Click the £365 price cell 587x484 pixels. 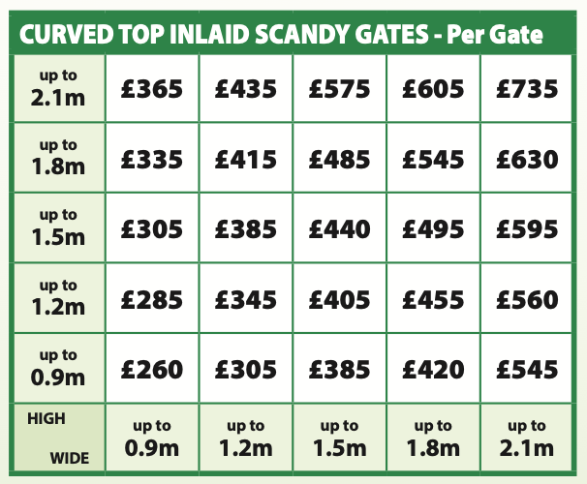[x=152, y=89]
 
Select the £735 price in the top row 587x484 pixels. [x=527, y=89]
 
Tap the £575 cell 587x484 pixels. [x=339, y=89]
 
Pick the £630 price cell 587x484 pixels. [x=527, y=159]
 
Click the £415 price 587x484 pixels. [x=246, y=159]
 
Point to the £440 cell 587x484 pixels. [x=339, y=229]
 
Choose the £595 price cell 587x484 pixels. [x=527, y=229]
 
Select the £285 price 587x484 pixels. [x=152, y=299]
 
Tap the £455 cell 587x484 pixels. [x=433, y=299]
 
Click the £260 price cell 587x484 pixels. [x=152, y=369]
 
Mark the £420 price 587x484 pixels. [x=433, y=369]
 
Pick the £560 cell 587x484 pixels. [x=527, y=299]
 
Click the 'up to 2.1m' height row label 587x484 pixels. [x=58, y=89]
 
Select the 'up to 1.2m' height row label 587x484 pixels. [x=58, y=299]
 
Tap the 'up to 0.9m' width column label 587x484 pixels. [x=152, y=439]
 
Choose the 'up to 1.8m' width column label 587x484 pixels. [x=433, y=439]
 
